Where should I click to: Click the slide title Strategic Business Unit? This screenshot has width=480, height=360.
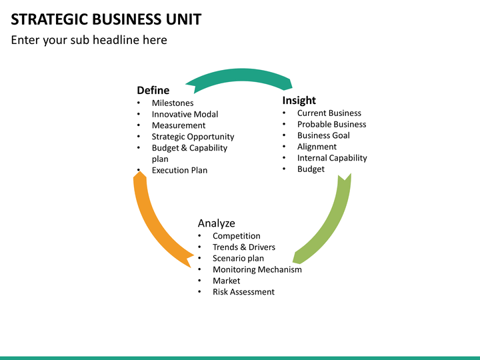106,19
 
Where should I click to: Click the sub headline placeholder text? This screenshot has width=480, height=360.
89,40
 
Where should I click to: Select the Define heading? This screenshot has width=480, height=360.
153,90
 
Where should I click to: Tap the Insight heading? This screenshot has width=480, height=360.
299,100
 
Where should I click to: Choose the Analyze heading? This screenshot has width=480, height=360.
216,223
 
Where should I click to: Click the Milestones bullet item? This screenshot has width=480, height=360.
172,103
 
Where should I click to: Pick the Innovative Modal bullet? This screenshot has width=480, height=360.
185,114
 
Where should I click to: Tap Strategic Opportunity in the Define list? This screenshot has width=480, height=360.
193,137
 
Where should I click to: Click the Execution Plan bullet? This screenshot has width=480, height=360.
179,170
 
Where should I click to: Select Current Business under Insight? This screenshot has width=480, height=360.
329,113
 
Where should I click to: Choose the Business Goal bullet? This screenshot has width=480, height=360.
323,135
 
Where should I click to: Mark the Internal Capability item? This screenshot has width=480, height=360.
331,158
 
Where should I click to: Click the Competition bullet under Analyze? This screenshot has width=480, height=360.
236,236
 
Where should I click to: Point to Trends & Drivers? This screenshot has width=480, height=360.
243,247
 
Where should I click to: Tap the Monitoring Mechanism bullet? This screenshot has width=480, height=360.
257,269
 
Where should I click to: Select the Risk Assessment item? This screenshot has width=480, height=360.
243,292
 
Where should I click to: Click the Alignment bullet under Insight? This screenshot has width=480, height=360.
317,147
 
